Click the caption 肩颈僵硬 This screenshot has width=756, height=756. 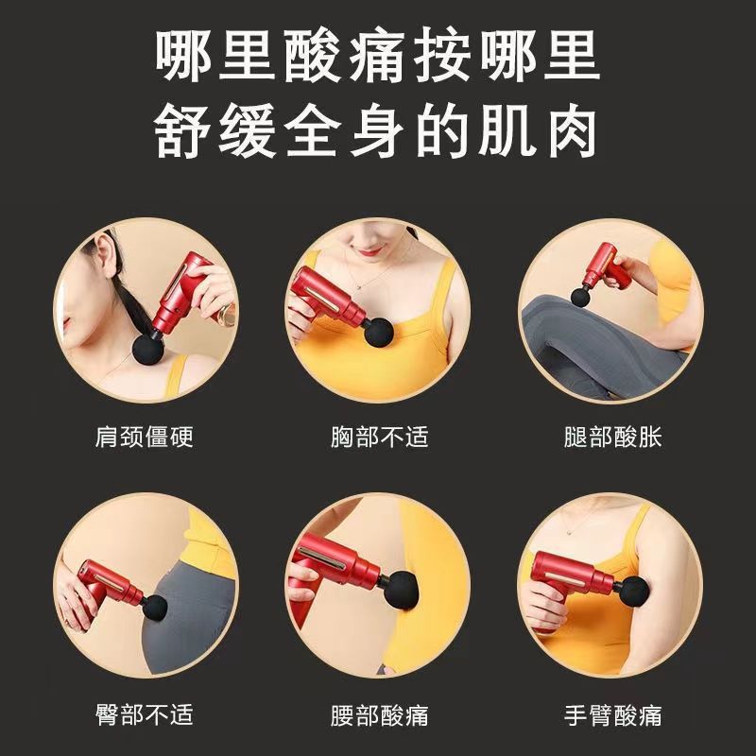(x=145, y=437)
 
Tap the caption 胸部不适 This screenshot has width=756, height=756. (x=380, y=437)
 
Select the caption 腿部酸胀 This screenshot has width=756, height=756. (x=612, y=437)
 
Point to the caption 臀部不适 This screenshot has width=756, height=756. (x=145, y=714)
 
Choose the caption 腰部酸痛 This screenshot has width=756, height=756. (x=380, y=714)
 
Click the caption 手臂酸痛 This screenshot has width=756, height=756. (x=612, y=714)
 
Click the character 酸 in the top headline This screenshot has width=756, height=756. (x=314, y=55)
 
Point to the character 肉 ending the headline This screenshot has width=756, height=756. (x=573, y=130)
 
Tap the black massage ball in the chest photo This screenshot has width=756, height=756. (x=379, y=332)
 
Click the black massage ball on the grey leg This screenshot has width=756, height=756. (x=581, y=295)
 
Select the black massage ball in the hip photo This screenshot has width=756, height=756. (x=155, y=608)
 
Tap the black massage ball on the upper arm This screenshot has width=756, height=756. (x=633, y=592)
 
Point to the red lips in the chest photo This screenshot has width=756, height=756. (x=369, y=251)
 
